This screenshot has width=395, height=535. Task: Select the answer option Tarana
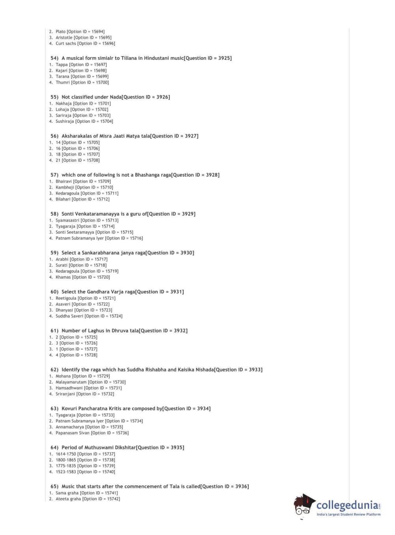tap(62, 77)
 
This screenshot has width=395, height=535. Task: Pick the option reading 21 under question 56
tap(58, 161)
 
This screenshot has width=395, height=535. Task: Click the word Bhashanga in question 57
tap(147, 175)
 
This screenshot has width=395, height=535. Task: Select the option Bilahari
tap(63, 199)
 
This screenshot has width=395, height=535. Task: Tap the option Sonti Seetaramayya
tap(75, 232)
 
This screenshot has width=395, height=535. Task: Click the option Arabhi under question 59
tap(62, 260)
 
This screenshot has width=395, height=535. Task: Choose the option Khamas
tap(63, 277)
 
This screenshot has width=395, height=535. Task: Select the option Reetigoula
tap(66, 298)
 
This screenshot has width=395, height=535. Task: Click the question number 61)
tap(54, 331)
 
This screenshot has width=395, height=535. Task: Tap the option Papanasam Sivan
tap(73, 433)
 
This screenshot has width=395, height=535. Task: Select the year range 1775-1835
tap(66, 466)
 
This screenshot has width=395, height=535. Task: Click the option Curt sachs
tap(66, 44)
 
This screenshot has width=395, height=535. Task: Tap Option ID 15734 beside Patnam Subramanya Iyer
tap(124, 421)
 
